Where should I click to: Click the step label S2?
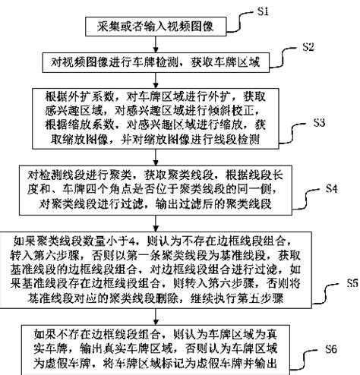click(x=309, y=46)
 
